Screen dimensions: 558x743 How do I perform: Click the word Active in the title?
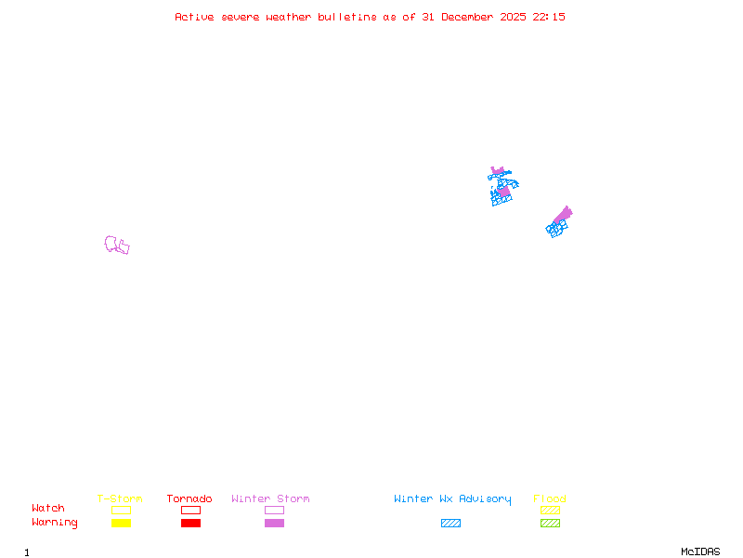click(x=195, y=17)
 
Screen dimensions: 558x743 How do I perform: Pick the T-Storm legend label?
click(x=120, y=499)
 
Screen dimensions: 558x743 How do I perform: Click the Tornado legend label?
click(x=189, y=499)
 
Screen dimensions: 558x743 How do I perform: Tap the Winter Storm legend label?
click(x=270, y=499)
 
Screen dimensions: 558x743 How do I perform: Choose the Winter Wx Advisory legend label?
click(x=452, y=499)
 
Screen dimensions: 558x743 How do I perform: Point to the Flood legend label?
click(x=550, y=499)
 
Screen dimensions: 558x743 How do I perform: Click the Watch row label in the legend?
click(x=48, y=509)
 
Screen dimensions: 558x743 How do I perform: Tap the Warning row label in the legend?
click(x=55, y=523)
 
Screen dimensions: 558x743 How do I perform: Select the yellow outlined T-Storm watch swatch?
click(x=121, y=510)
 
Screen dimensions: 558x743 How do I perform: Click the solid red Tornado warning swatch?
click(x=190, y=524)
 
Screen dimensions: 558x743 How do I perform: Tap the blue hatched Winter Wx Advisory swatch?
click(x=450, y=524)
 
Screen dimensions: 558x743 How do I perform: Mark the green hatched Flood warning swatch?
click(x=550, y=524)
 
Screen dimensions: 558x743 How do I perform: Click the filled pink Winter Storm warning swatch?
click(x=274, y=524)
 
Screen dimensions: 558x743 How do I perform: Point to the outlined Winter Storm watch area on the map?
click(x=116, y=246)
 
